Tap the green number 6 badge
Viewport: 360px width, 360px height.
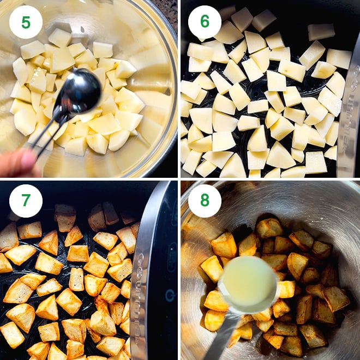point(205,22)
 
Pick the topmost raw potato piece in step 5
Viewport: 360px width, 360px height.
point(59,37)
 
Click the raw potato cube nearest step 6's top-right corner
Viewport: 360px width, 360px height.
point(339,58)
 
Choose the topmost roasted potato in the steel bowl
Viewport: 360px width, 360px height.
point(269,227)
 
